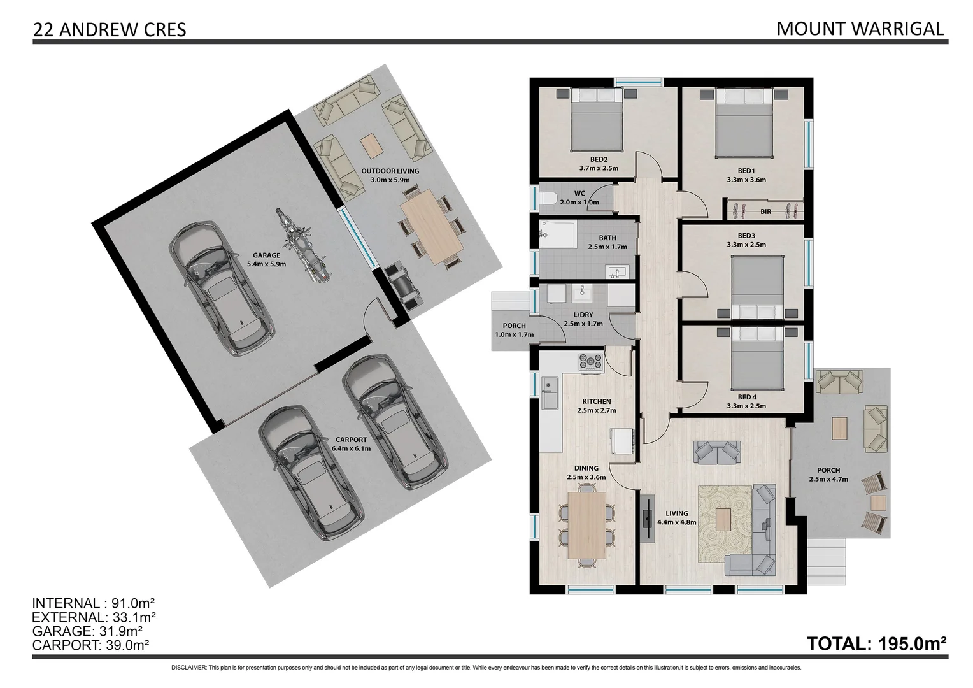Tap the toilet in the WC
(548, 199)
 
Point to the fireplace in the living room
(647, 517)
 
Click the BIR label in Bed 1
(766, 211)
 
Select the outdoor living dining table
(431, 227)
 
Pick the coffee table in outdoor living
(371, 146)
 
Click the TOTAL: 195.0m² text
(877, 643)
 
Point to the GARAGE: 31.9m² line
(87, 631)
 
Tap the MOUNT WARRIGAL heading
(860, 29)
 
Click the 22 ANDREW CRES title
(110, 30)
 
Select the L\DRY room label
(583, 315)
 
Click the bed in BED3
(758, 287)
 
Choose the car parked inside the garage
(222, 289)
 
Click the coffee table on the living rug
(723, 519)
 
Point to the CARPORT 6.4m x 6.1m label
(351, 444)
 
